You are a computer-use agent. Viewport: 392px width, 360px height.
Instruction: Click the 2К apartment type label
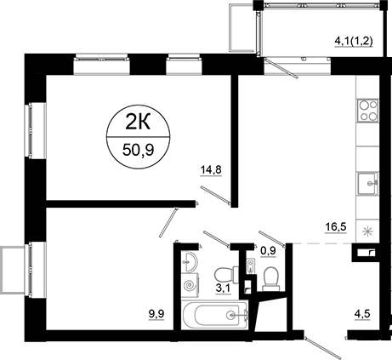click(x=134, y=121)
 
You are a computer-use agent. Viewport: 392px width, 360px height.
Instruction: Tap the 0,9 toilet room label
click(x=268, y=250)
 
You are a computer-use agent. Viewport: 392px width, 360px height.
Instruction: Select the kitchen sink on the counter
click(x=368, y=180)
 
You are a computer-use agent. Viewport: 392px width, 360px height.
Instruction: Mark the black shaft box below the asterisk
click(x=366, y=252)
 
